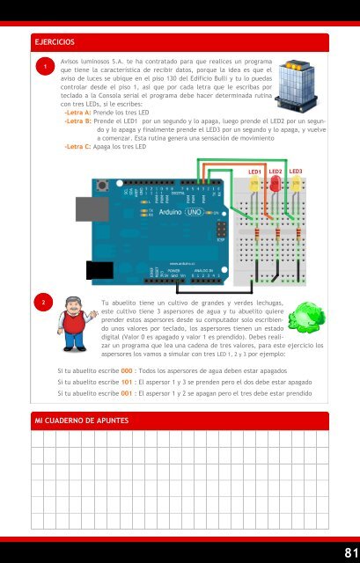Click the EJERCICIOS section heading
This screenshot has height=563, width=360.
[55, 42]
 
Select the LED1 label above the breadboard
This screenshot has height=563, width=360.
[255, 172]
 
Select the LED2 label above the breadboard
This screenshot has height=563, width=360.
[276, 172]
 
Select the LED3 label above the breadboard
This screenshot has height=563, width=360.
[296, 172]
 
